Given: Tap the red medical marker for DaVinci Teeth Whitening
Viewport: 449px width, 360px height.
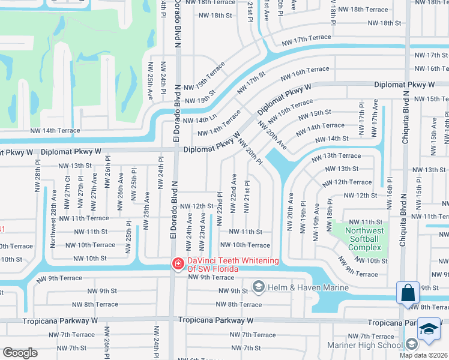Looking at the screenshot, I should tap(178, 263).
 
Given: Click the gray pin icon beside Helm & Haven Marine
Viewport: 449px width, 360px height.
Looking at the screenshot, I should tap(259, 287).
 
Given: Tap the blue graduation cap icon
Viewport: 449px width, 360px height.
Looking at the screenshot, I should tap(430, 329).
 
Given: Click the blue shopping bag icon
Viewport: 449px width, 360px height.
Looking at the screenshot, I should tap(408, 293).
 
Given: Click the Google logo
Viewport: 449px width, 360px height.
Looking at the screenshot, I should tap(20, 353).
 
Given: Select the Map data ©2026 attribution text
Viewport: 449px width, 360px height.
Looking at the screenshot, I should tap(424, 355).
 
